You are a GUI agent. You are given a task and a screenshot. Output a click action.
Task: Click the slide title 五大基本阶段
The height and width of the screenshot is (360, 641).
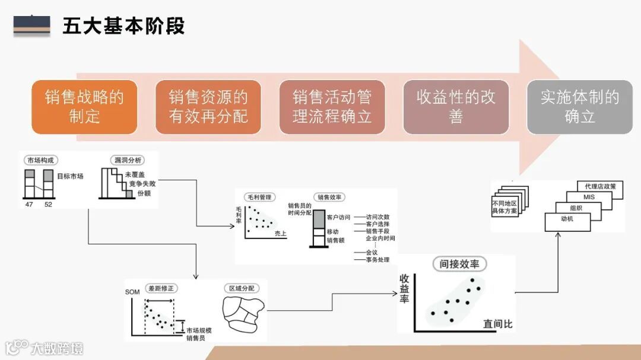pyautogui.click(x=123, y=26)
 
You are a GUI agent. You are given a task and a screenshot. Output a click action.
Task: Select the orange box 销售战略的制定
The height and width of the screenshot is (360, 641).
pyautogui.click(x=84, y=107)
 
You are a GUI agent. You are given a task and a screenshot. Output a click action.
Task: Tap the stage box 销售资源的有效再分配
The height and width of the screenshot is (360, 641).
pyautogui.click(x=208, y=107)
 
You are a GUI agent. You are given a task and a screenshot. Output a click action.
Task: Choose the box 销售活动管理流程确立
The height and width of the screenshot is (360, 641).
pyautogui.click(x=332, y=107)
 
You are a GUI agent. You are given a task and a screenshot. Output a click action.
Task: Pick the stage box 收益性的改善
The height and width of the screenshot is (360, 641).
pyautogui.click(x=456, y=107)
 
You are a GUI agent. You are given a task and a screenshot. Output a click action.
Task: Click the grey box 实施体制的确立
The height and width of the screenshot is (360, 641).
pyautogui.click(x=579, y=107)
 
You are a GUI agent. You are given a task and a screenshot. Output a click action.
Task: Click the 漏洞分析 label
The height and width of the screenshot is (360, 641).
pyautogui.click(x=125, y=160)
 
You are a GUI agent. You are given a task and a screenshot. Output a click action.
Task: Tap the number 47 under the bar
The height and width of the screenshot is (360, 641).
pyautogui.click(x=28, y=204)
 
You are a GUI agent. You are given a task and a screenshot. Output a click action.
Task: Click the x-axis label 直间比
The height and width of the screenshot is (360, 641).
pyautogui.click(x=497, y=324)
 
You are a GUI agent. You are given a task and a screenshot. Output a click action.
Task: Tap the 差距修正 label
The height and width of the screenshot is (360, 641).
pyautogui.click(x=161, y=288)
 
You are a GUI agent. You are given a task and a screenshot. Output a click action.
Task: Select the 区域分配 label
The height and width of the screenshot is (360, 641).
pyautogui.click(x=242, y=288)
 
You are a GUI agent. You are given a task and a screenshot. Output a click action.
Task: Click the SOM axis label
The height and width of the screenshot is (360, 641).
pyautogui.click(x=132, y=292)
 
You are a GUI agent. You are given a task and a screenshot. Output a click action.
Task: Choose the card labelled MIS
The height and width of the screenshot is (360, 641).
pyautogui.click(x=589, y=197)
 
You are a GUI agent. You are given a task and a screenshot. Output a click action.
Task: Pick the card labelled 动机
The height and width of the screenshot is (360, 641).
pyautogui.click(x=567, y=219)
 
